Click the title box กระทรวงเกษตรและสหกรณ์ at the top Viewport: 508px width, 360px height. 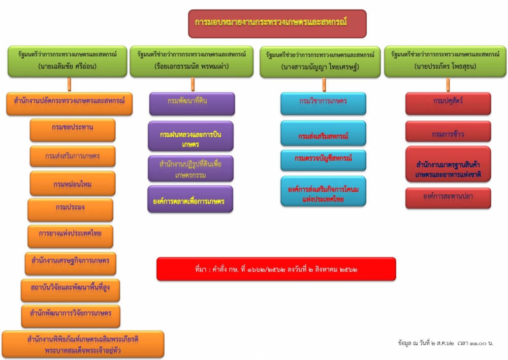277,23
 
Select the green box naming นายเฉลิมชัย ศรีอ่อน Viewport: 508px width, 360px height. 67,61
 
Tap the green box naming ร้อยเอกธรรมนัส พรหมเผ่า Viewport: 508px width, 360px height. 192,61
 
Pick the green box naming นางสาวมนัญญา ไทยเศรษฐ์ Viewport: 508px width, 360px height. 321,62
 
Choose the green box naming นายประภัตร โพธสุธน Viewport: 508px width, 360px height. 445,61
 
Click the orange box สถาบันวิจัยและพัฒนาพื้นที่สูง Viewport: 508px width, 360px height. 71,290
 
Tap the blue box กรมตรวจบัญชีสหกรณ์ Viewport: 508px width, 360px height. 323,160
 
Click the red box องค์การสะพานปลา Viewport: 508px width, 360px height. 448,198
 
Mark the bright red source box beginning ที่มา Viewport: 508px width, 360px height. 276,268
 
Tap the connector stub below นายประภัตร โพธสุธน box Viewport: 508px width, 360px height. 448,84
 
